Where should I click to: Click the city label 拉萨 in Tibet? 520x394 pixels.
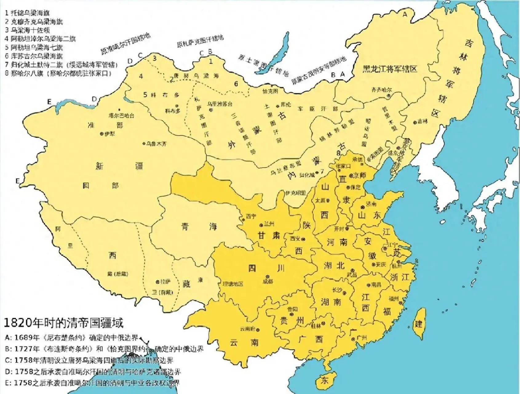click(x=165, y=282)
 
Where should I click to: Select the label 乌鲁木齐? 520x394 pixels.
click(x=156, y=144)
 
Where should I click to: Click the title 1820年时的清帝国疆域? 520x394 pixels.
click(x=63, y=323)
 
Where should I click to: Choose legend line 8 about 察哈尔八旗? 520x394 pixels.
click(x=58, y=74)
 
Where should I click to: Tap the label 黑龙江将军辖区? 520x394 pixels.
click(x=390, y=68)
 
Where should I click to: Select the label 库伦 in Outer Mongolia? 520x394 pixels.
click(x=286, y=105)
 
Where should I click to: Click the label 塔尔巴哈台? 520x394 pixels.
click(x=121, y=116)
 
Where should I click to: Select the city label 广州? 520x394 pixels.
click(x=362, y=338)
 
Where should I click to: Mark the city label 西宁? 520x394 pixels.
click(x=251, y=217)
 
